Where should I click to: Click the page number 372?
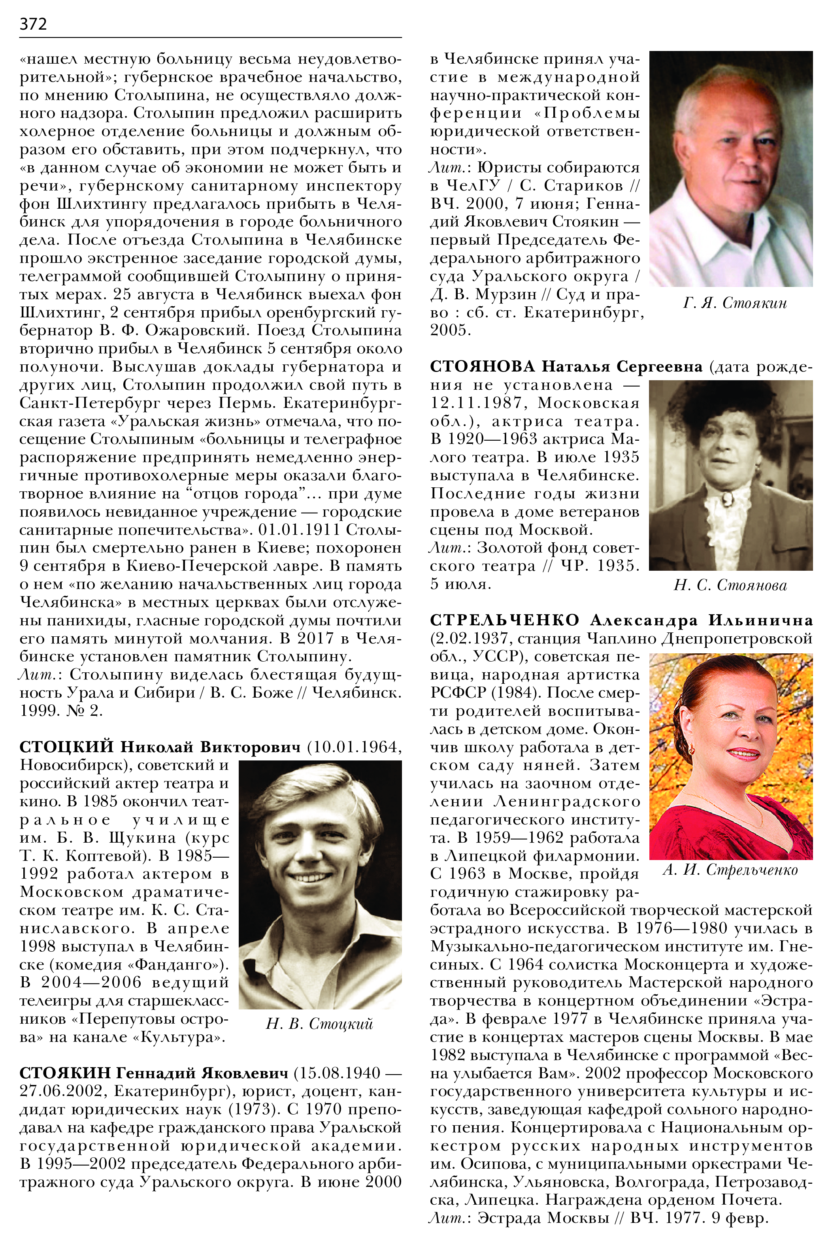click(x=33, y=24)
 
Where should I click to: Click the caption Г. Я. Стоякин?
click(x=735, y=303)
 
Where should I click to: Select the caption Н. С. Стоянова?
click(x=730, y=585)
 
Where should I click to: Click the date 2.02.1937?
click(x=471, y=638)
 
